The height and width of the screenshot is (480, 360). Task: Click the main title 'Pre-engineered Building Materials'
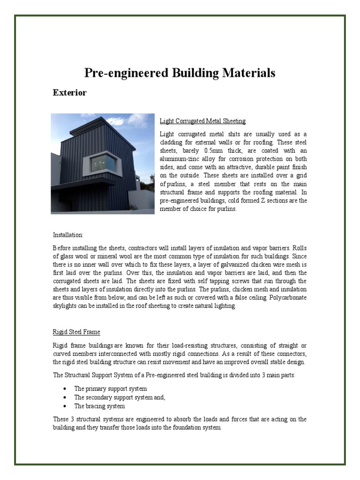click(x=180, y=73)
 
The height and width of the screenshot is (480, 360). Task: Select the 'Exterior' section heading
click(x=69, y=93)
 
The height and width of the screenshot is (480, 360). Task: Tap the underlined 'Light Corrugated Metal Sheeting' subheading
click(x=202, y=121)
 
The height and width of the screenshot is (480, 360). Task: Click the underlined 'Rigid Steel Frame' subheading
click(x=76, y=332)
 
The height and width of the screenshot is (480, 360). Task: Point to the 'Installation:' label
click(x=67, y=234)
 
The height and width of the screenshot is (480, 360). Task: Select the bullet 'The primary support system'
click(x=110, y=389)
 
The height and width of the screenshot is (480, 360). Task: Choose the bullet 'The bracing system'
click(x=99, y=406)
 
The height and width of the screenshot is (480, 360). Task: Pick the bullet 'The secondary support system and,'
click(x=120, y=397)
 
